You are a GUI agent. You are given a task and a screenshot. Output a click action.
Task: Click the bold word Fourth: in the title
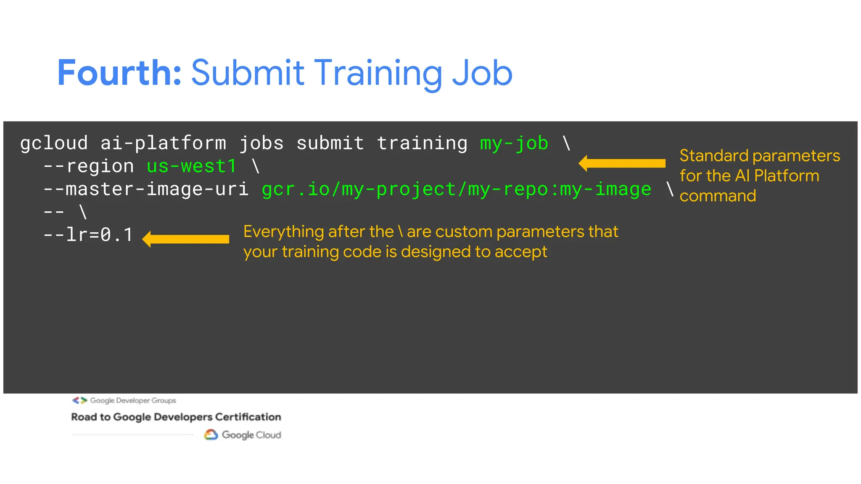pyautogui.click(x=119, y=73)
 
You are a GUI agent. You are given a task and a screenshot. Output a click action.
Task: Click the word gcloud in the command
pyautogui.click(x=54, y=143)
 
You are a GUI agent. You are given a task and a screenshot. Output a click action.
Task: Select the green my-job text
pyautogui.click(x=514, y=143)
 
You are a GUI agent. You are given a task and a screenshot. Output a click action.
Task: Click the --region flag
pyautogui.click(x=89, y=166)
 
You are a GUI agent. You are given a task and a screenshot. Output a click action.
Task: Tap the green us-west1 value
pyautogui.click(x=192, y=166)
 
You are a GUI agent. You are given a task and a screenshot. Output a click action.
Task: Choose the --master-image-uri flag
pyautogui.click(x=146, y=189)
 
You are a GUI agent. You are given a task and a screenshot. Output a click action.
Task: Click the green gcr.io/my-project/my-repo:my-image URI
pyautogui.click(x=456, y=189)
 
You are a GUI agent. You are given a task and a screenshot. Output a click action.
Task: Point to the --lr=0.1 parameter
pyautogui.click(x=88, y=235)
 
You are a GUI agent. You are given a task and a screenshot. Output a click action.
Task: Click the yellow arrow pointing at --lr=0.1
pyautogui.click(x=186, y=239)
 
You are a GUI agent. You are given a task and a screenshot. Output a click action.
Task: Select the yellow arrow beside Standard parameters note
pyautogui.click(x=622, y=163)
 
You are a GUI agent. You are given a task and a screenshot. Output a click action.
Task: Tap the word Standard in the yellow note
pyautogui.click(x=714, y=156)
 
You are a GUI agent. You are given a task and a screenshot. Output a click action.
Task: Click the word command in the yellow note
pyautogui.click(x=718, y=196)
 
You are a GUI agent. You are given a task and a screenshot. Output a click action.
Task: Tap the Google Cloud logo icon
pyautogui.click(x=211, y=434)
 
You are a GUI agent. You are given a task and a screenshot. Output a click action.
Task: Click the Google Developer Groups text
pyautogui.click(x=133, y=400)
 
